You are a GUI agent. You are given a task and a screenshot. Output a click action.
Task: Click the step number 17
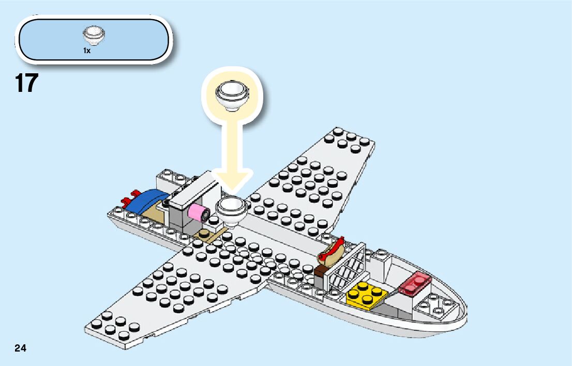coord(27,84)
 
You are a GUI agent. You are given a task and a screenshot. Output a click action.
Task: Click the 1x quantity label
coord(87,51)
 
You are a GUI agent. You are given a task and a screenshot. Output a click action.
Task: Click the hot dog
coord(333,250)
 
